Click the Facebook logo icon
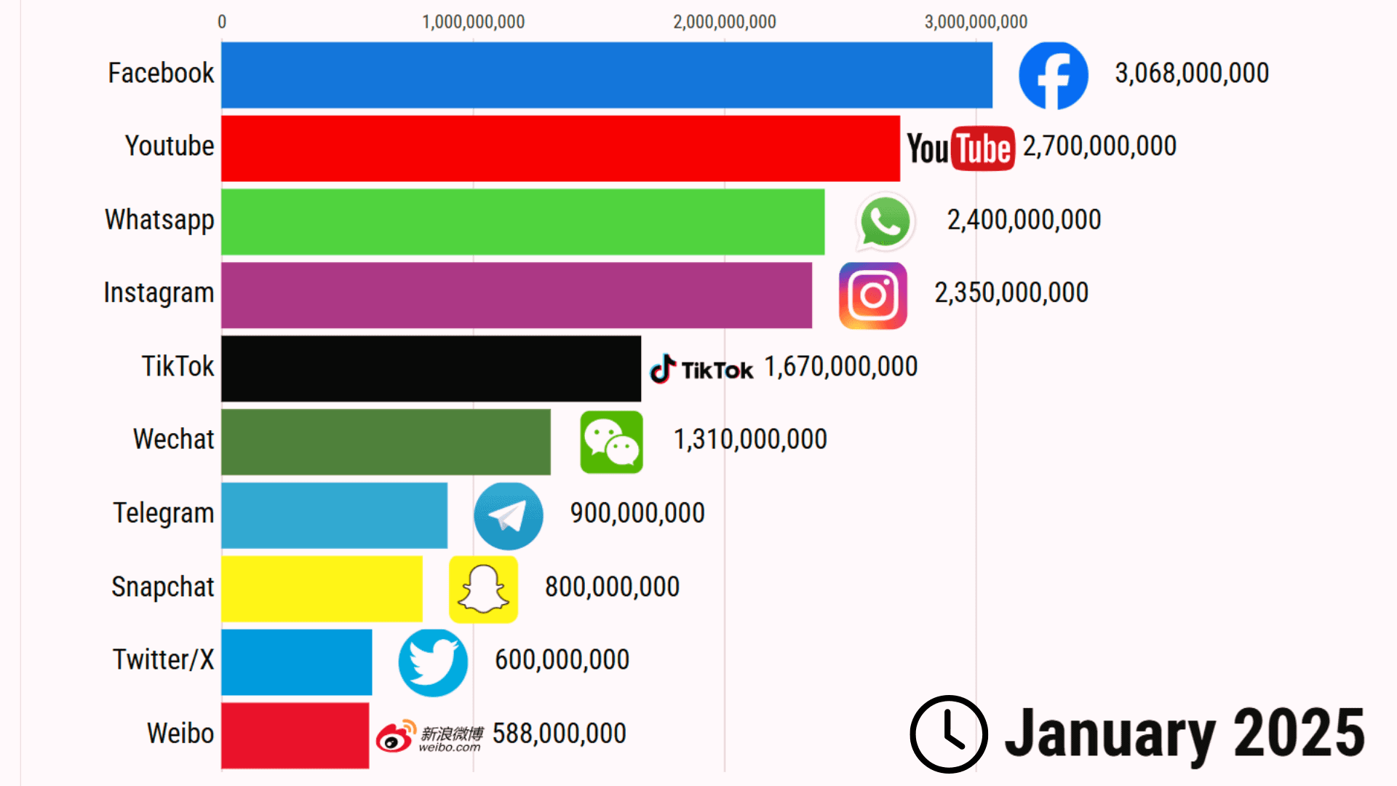tap(1053, 75)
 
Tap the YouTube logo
tap(960, 148)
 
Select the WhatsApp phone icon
tap(885, 221)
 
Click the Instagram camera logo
tap(872, 295)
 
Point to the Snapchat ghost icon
tap(483, 589)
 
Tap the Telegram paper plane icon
tap(508, 516)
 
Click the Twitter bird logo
tap(433, 662)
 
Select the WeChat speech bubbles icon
tap(611, 442)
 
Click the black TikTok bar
tap(431, 368)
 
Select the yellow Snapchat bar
tap(322, 589)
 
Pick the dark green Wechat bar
tap(386, 442)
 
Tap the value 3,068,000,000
tap(1192, 74)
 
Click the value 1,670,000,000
tap(840, 367)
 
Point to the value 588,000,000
tap(559, 734)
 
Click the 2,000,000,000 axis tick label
tap(724, 22)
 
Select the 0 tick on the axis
tap(222, 22)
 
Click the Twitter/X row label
tap(163, 659)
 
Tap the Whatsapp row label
tap(159, 220)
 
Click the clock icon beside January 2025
tap(949, 734)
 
